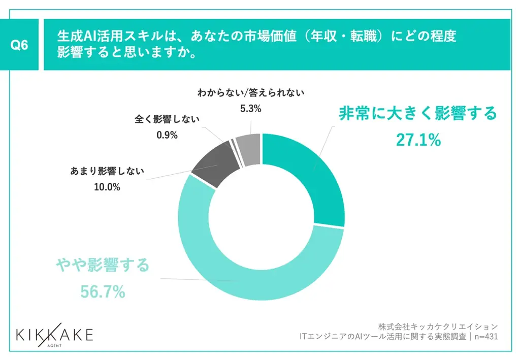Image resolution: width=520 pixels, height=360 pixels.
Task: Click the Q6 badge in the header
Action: point(20,45)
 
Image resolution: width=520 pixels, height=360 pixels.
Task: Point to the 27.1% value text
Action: point(418,140)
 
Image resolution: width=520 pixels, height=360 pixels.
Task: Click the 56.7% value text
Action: point(103,291)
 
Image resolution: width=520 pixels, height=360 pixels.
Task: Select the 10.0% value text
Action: point(107,187)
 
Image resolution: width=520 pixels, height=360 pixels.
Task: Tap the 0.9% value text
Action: point(167,135)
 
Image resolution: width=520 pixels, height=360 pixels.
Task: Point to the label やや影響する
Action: point(103,265)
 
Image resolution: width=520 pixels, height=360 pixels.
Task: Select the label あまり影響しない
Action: point(107,171)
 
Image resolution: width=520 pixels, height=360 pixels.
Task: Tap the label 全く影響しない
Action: point(167,119)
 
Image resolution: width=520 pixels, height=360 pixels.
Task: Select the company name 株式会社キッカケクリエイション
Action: point(438,325)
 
